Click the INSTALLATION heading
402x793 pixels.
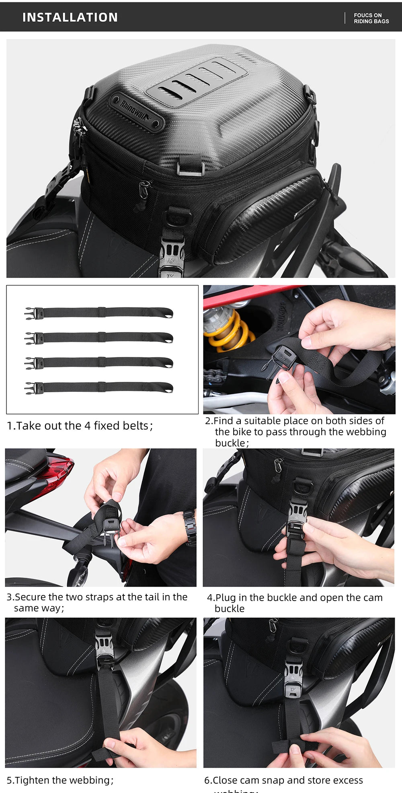point(70,17)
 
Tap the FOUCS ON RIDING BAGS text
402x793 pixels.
point(371,18)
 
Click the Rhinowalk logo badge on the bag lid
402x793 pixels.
point(137,112)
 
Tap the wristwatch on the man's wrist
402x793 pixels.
point(190,527)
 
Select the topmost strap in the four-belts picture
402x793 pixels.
point(98,313)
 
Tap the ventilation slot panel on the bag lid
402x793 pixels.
point(196,80)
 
